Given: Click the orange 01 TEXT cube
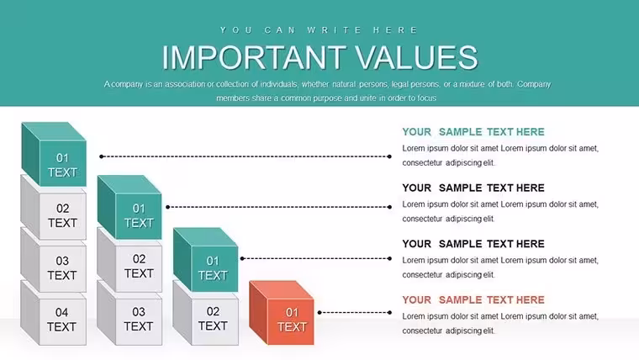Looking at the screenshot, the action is (x=282, y=313).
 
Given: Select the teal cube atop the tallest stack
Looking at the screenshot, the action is (x=54, y=154).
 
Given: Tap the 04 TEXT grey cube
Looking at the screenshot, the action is (x=54, y=314).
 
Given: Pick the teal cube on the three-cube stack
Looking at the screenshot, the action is (x=129, y=207).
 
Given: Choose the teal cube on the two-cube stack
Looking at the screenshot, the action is (x=206, y=260).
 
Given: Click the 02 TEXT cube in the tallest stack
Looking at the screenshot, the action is (x=54, y=208).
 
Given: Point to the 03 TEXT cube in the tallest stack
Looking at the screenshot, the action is (x=54, y=261).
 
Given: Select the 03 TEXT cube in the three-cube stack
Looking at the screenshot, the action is (x=129, y=313).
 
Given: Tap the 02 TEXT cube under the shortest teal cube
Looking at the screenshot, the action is (x=206, y=313).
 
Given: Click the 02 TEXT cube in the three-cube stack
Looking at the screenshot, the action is (x=129, y=261).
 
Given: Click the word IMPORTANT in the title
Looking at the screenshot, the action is (x=254, y=57).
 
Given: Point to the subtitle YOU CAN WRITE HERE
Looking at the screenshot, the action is (x=319, y=30).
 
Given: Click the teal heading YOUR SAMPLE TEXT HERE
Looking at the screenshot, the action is (x=473, y=132).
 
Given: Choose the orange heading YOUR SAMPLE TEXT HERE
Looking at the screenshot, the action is (x=473, y=299).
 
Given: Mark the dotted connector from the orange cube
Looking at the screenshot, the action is (x=355, y=313).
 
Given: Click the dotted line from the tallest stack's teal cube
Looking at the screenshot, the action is (x=246, y=156).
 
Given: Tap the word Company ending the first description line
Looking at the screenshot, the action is (x=534, y=84).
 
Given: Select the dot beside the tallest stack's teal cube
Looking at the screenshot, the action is (x=102, y=156).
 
